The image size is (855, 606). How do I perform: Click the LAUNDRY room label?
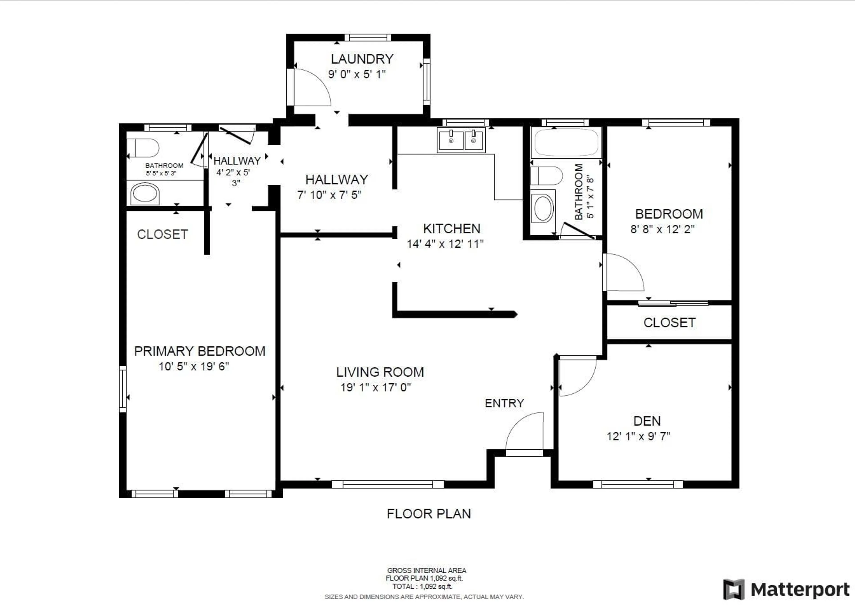click(362, 59)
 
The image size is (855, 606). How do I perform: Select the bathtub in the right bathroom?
click(566, 142)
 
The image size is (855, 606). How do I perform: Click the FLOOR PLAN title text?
click(429, 514)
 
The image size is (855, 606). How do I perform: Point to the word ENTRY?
click(504, 403)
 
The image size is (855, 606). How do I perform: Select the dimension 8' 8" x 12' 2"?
click(662, 229)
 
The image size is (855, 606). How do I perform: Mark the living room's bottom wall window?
click(388, 484)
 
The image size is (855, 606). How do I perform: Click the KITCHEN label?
click(451, 228)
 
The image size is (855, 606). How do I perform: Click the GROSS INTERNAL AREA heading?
click(426, 571)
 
